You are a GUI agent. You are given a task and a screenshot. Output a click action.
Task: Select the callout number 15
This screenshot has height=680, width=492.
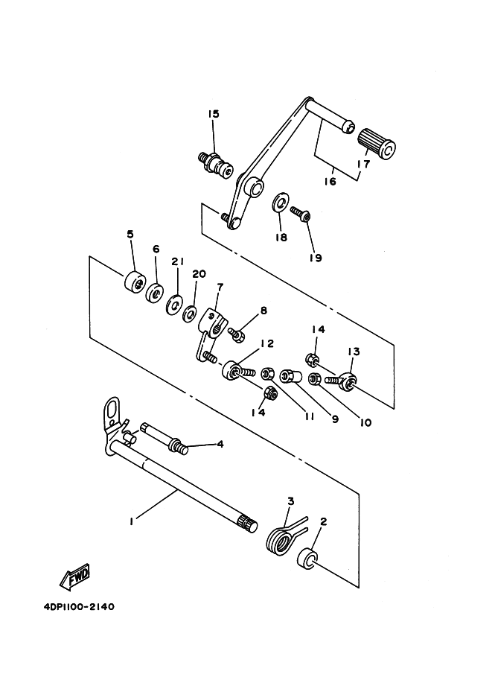[x=214, y=114]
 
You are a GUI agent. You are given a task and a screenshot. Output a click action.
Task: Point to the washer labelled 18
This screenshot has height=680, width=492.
[x=280, y=202]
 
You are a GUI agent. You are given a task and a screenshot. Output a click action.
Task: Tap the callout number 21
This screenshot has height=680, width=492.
[x=177, y=261]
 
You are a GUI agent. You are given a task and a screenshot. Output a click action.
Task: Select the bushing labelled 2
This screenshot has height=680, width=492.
[x=307, y=558]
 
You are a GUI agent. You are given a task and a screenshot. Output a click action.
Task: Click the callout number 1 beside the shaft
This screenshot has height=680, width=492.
[x=131, y=522]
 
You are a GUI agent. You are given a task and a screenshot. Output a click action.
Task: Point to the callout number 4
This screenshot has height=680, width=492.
[x=220, y=445]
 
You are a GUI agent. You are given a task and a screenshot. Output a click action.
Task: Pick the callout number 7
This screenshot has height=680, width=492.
[x=220, y=287]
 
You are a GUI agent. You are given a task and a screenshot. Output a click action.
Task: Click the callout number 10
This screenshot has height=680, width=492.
[x=365, y=422]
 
